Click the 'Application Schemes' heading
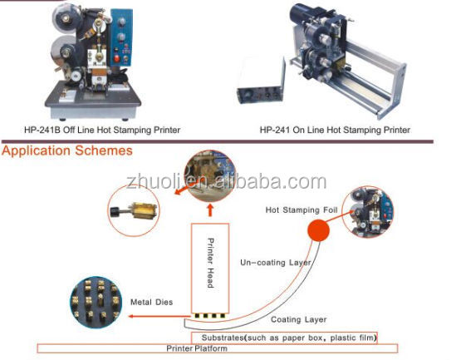click(x=67, y=151)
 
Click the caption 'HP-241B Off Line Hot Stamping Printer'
click(x=102, y=131)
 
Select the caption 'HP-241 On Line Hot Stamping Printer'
click(x=335, y=131)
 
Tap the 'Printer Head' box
click(x=210, y=268)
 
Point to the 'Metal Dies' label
click(x=152, y=302)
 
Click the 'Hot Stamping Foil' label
click(x=301, y=210)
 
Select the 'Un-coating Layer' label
click(x=276, y=263)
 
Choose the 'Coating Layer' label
click(x=298, y=320)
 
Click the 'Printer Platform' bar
click(x=218, y=348)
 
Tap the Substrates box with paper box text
click(x=284, y=338)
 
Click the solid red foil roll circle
click(x=318, y=230)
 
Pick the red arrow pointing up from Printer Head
click(x=210, y=210)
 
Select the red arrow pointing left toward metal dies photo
click(x=159, y=316)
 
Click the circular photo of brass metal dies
click(x=96, y=303)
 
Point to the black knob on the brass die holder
click(x=114, y=212)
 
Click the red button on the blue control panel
click(x=117, y=58)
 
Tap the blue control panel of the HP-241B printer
click(x=120, y=37)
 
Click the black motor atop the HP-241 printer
click(x=301, y=14)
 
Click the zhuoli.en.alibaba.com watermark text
click(x=227, y=182)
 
